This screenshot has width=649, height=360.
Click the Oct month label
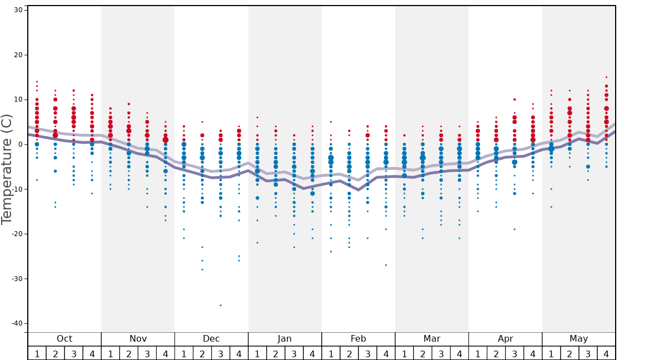[x=64, y=339]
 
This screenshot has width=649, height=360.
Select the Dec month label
[x=211, y=339]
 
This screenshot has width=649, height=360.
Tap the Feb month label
[x=358, y=339]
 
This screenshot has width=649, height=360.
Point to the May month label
[x=578, y=339]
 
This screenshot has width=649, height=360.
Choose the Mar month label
[x=432, y=339]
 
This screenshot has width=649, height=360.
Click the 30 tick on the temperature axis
[x=17, y=10]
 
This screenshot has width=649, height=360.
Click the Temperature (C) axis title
[x=7, y=169]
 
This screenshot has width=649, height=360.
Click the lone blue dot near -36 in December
[x=221, y=305]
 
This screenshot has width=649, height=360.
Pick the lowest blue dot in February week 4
[x=386, y=265]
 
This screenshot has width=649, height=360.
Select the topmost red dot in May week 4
[x=606, y=77]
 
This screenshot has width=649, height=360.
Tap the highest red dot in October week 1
[x=37, y=82]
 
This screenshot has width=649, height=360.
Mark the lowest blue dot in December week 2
[x=202, y=269]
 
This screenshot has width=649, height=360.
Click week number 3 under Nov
[x=147, y=353]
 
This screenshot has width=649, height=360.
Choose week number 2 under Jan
[x=276, y=353]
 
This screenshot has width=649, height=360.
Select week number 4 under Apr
[x=533, y=353]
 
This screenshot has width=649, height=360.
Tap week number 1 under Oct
[x=37, y=353]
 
